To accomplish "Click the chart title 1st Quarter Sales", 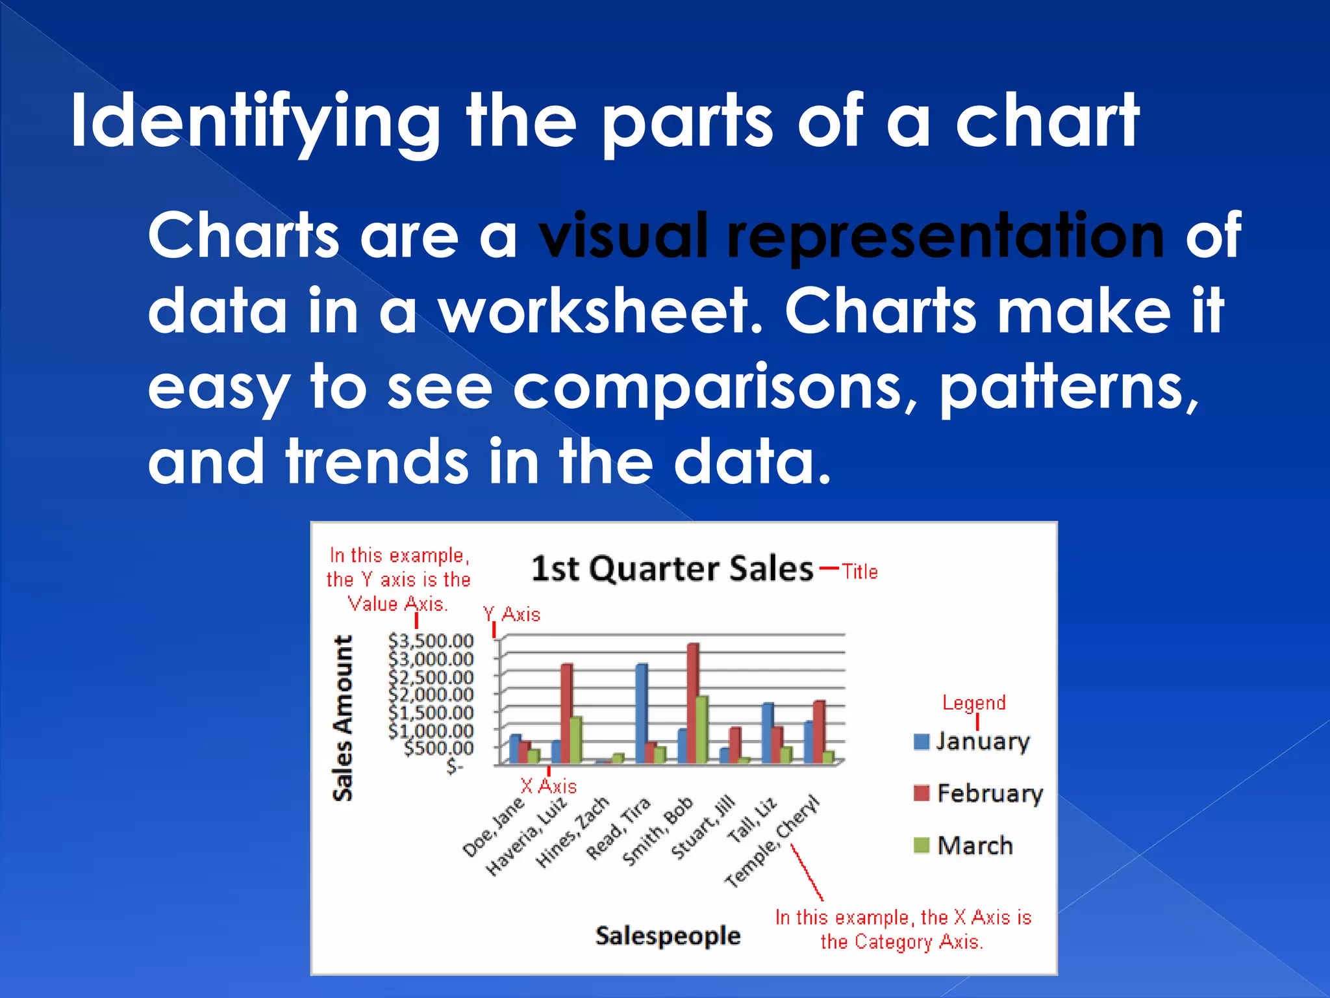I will [x=671, y=569].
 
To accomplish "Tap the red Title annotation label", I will [x=860, y=572].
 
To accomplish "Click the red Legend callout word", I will [x=973, y=702].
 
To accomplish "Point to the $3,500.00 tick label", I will [x=431, y=641].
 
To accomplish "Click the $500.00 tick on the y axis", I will [x=438, y=748].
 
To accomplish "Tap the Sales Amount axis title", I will [x=342, y=718].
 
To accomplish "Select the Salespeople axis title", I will [x=668, y=936].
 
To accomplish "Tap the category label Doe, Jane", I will [x=493, y=827].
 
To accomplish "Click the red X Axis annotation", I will [x=549, y=787].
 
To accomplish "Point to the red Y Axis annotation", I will [x=512, y=615].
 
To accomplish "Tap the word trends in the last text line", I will [x=377, y=461].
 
